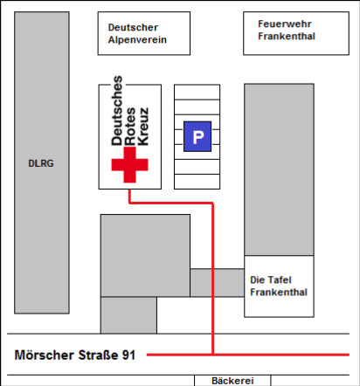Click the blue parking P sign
[197, 136]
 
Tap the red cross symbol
[129, 164]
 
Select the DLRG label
[41, 163]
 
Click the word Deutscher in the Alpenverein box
[133, 27]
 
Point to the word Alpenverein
[137, 39]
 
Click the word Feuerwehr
[285, 24]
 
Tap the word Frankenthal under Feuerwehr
[287, 36]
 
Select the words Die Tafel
[271, 279]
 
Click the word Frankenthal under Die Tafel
[279, 292]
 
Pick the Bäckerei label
[232, 381]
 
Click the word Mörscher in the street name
[45, 355]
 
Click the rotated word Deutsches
[117, 111]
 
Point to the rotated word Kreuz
[143, 127]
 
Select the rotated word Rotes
[130, 127]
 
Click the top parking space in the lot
[197, 92]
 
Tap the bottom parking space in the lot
[197, 182]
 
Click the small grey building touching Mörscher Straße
[128, 315]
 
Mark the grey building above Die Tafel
[279, 169]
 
